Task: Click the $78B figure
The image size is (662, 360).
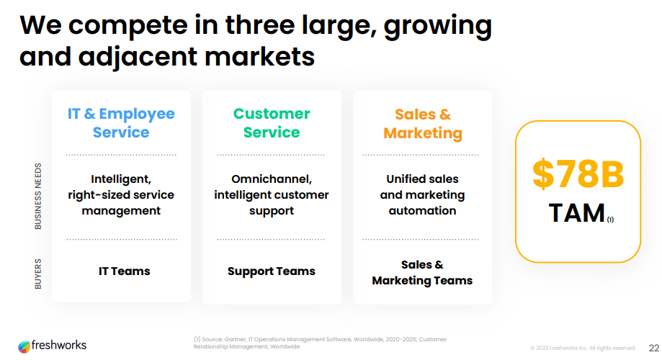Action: click(578, 174)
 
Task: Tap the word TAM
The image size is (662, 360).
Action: click(576, 213)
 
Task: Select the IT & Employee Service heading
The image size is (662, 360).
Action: click(121, 123)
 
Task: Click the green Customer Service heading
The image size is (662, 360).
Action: click(272, 123)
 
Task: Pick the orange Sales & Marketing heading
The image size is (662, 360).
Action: click(423, 124)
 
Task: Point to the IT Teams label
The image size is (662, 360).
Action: click(124, 271)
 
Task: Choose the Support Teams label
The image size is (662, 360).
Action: click(272, 271)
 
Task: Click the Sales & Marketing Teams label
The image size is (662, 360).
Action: click(422, 273)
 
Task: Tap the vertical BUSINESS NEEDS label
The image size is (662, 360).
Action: click(38, 196)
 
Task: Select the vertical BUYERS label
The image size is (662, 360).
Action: click(38, 274)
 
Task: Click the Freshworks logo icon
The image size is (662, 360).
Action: click(24, 346)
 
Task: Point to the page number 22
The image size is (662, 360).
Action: click(654, 347)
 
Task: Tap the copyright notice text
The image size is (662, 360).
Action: click(583, 348)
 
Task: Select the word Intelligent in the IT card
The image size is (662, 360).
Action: click(121, 179)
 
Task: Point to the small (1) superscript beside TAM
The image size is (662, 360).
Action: click(610, 220)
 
